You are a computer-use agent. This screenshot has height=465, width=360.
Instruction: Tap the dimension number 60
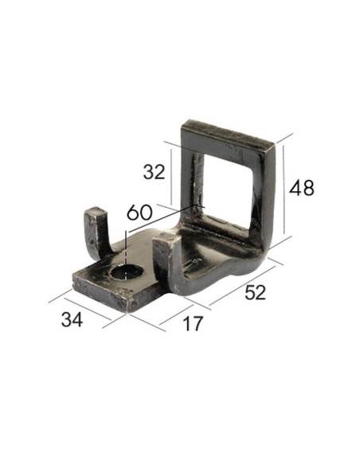[139, 213]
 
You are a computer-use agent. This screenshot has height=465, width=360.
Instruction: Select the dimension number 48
[302, 188]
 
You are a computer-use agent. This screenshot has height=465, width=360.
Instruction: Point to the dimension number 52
[255, 293]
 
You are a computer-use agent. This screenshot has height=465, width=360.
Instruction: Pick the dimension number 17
[192, 324]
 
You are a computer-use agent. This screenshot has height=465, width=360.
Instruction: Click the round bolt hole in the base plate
[126, 273]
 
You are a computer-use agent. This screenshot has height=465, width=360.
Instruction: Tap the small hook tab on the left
[96, 231]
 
